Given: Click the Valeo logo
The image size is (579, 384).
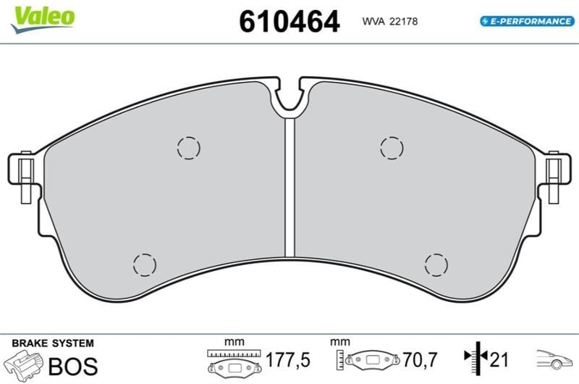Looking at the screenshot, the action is point(43,20).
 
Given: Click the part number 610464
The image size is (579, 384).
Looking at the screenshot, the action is point(289,22).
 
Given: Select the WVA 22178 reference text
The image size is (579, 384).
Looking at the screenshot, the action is point(389,22).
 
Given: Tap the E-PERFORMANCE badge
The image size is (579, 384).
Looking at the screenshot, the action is point(527,21).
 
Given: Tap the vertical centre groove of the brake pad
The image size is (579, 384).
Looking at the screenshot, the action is point(290,188).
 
